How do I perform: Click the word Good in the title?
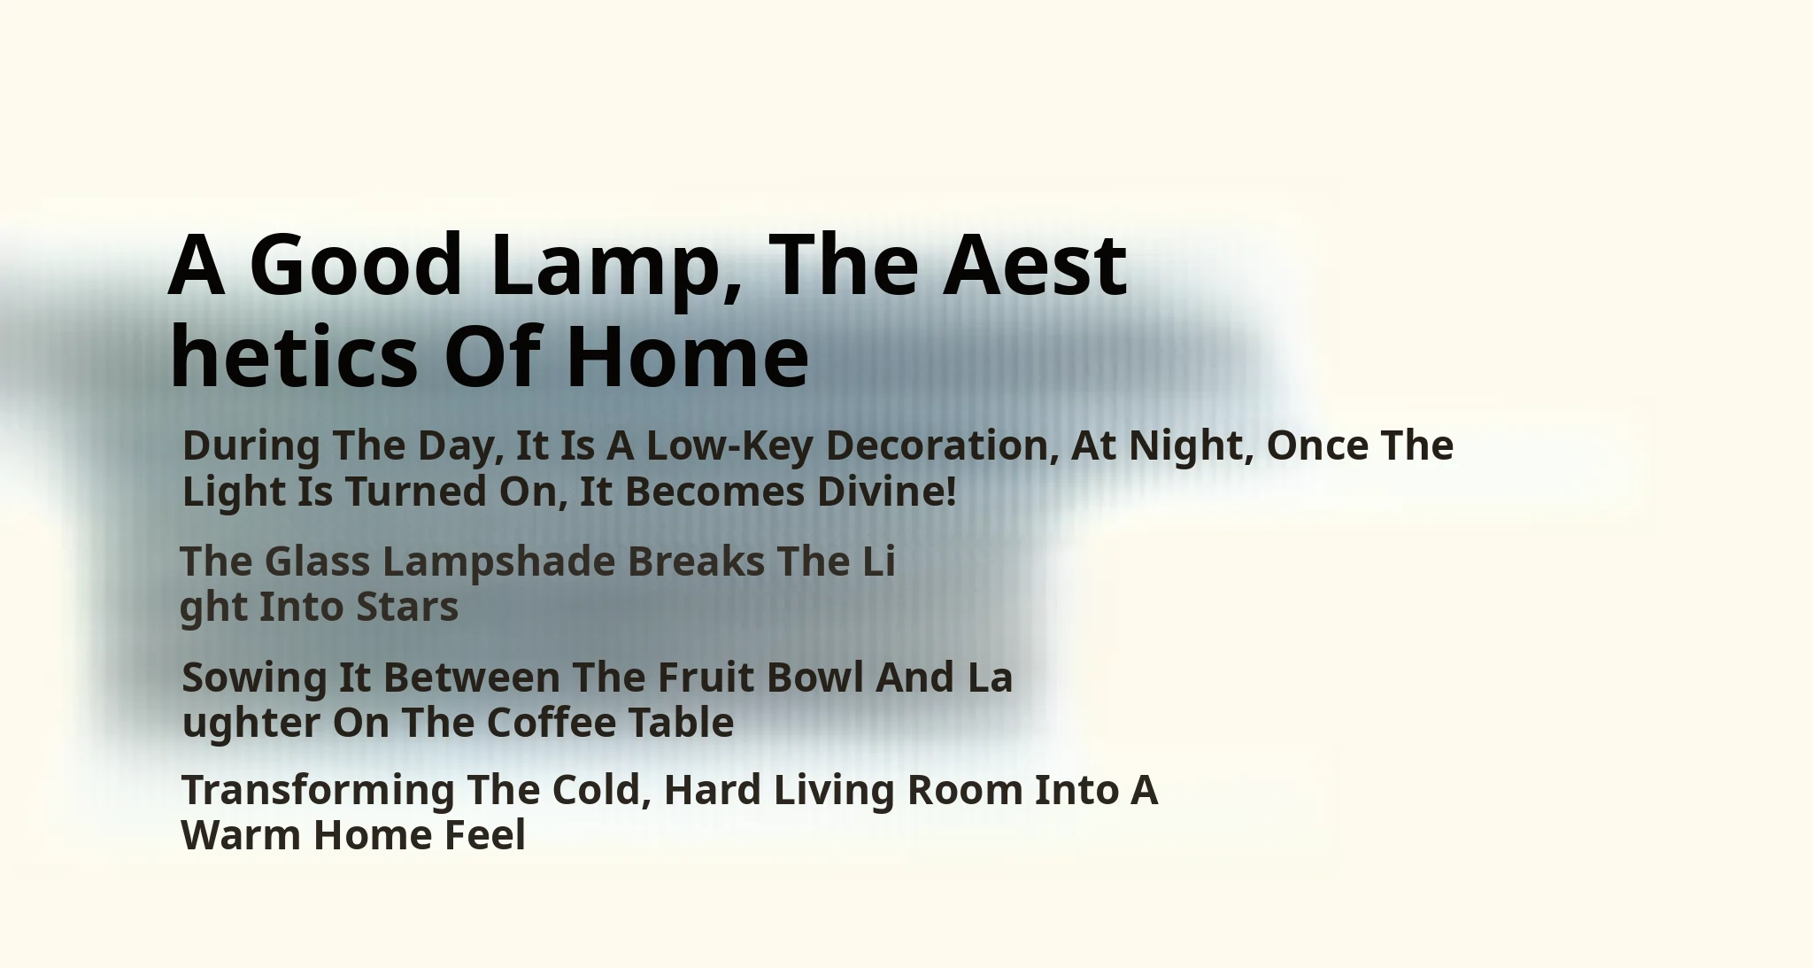(x=357, y=264)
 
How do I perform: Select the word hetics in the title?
(x=293, y=355)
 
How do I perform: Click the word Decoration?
(x=942, y=445)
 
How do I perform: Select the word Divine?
(x=887, y=492)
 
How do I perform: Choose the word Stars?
(x=407, y=608)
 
